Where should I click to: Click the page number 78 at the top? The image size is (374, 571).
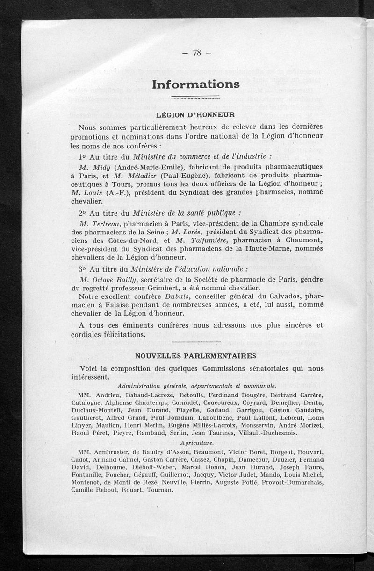click(x=196, y=53)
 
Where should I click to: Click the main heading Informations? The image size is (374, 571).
click(x=196, y=84)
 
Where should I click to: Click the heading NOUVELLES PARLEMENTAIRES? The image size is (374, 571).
click(x=195, y=356)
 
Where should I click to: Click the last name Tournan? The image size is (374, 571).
click(x=160, y=491)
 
